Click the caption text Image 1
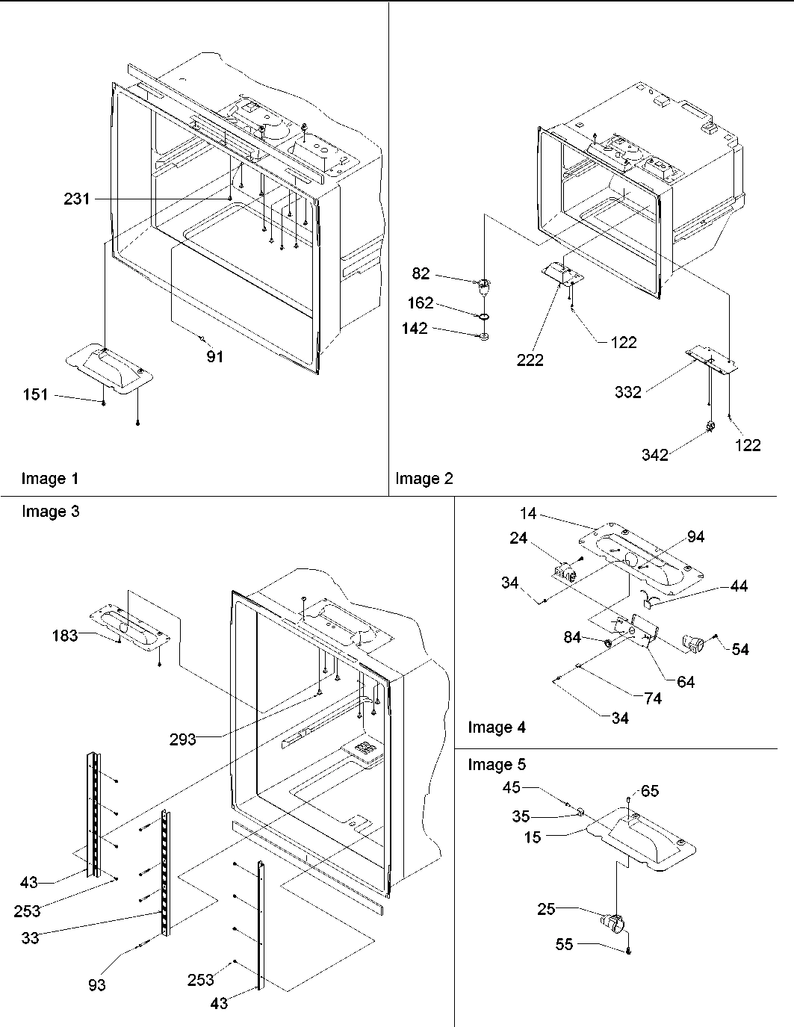click(49, 479)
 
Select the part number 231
click(76, 199)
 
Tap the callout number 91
click(214, 357)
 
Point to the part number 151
click(35, 394)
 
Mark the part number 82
click(421, 274)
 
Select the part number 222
click(530, 360)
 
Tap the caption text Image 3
click(50, 512)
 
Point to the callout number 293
click(182, 739)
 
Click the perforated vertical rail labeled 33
click(164, 874)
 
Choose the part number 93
click(97, 985)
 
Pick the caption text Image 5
click(497, 764)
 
